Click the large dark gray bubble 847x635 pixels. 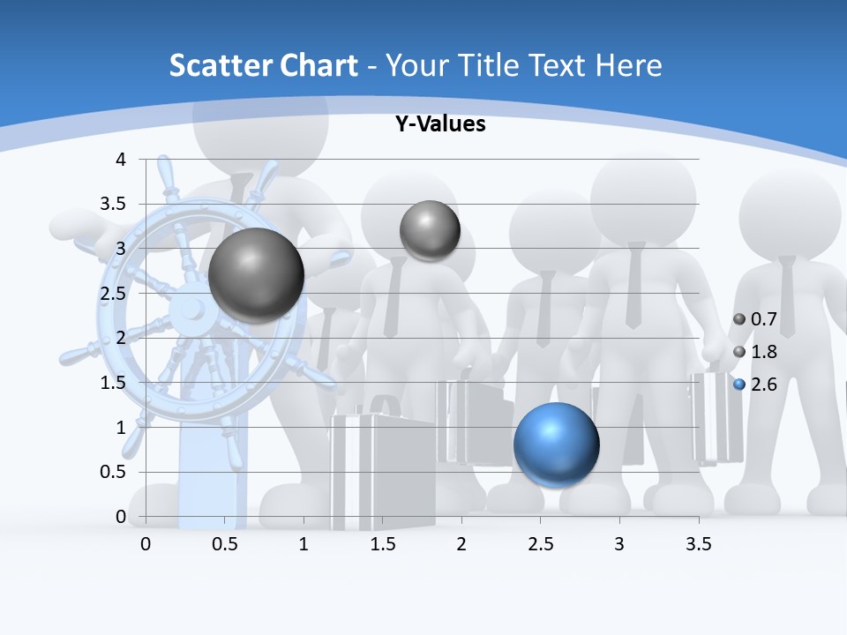257,275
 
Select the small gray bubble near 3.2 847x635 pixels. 430,230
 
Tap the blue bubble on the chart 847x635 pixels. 556,444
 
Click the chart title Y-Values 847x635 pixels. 439,124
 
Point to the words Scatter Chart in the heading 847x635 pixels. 263,65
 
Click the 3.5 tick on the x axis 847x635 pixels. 699,544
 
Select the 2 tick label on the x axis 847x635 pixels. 461,544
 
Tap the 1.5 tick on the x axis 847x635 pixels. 382,544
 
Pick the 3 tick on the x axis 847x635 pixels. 619,544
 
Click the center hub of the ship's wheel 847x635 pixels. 187,309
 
